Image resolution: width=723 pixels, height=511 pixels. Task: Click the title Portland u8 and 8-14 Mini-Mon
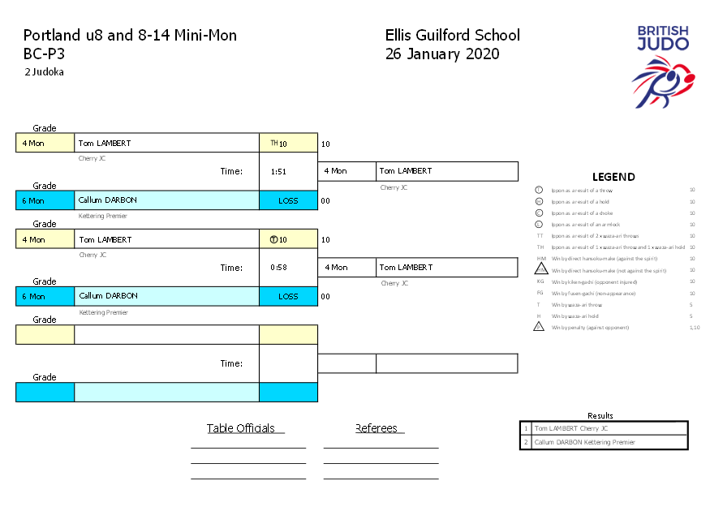pyautogui.click(x=130, y=36)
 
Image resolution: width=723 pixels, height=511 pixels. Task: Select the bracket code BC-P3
pyautogui.click(x=44, y=54)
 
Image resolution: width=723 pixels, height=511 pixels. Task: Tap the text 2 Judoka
pyautogui.click(x=44, y=72)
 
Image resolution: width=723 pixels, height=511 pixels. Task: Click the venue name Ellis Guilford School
pyautogui.click(x=453, y=36)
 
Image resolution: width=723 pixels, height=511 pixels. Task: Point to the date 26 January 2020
pyautogui.click(x=442, y=54)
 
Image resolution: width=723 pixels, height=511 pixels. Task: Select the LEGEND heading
pyautogui.click(x=613, y=177)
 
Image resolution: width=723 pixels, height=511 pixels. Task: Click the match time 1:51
pyautogui.click(x=279, y=172)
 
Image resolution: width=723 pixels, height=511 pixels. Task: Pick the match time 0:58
pyautogui.click(x=279, y=268)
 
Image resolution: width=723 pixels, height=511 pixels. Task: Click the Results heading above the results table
pyautogui.click(x=600, y=415)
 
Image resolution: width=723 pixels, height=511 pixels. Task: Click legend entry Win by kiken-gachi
pyautogui.click(x=593, y=281)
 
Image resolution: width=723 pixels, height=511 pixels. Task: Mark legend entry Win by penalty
pyautogui.click(x=592, y=328)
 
